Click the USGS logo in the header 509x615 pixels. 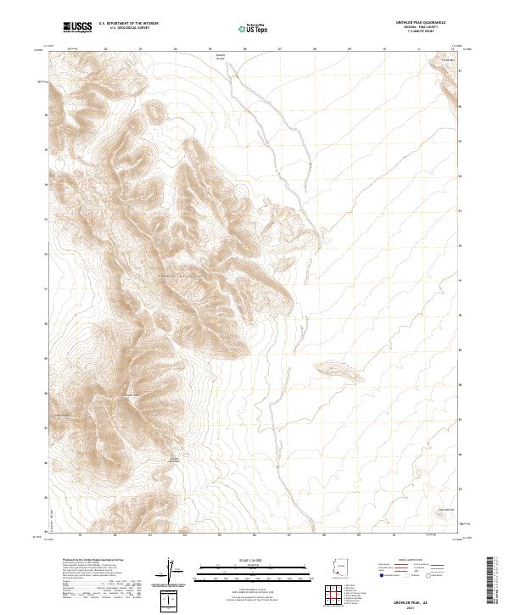78,28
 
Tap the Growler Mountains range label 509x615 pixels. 178,277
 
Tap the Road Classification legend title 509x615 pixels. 413,562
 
